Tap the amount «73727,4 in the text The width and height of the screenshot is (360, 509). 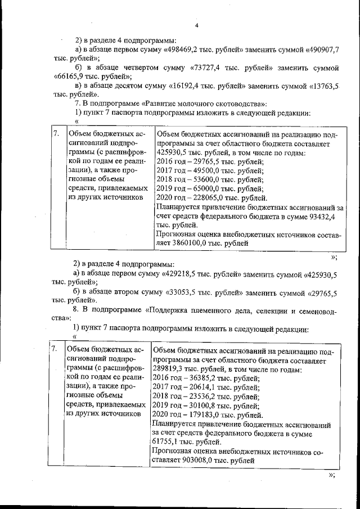tap(205, 67)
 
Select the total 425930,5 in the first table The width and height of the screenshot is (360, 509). tap(171, 152)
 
